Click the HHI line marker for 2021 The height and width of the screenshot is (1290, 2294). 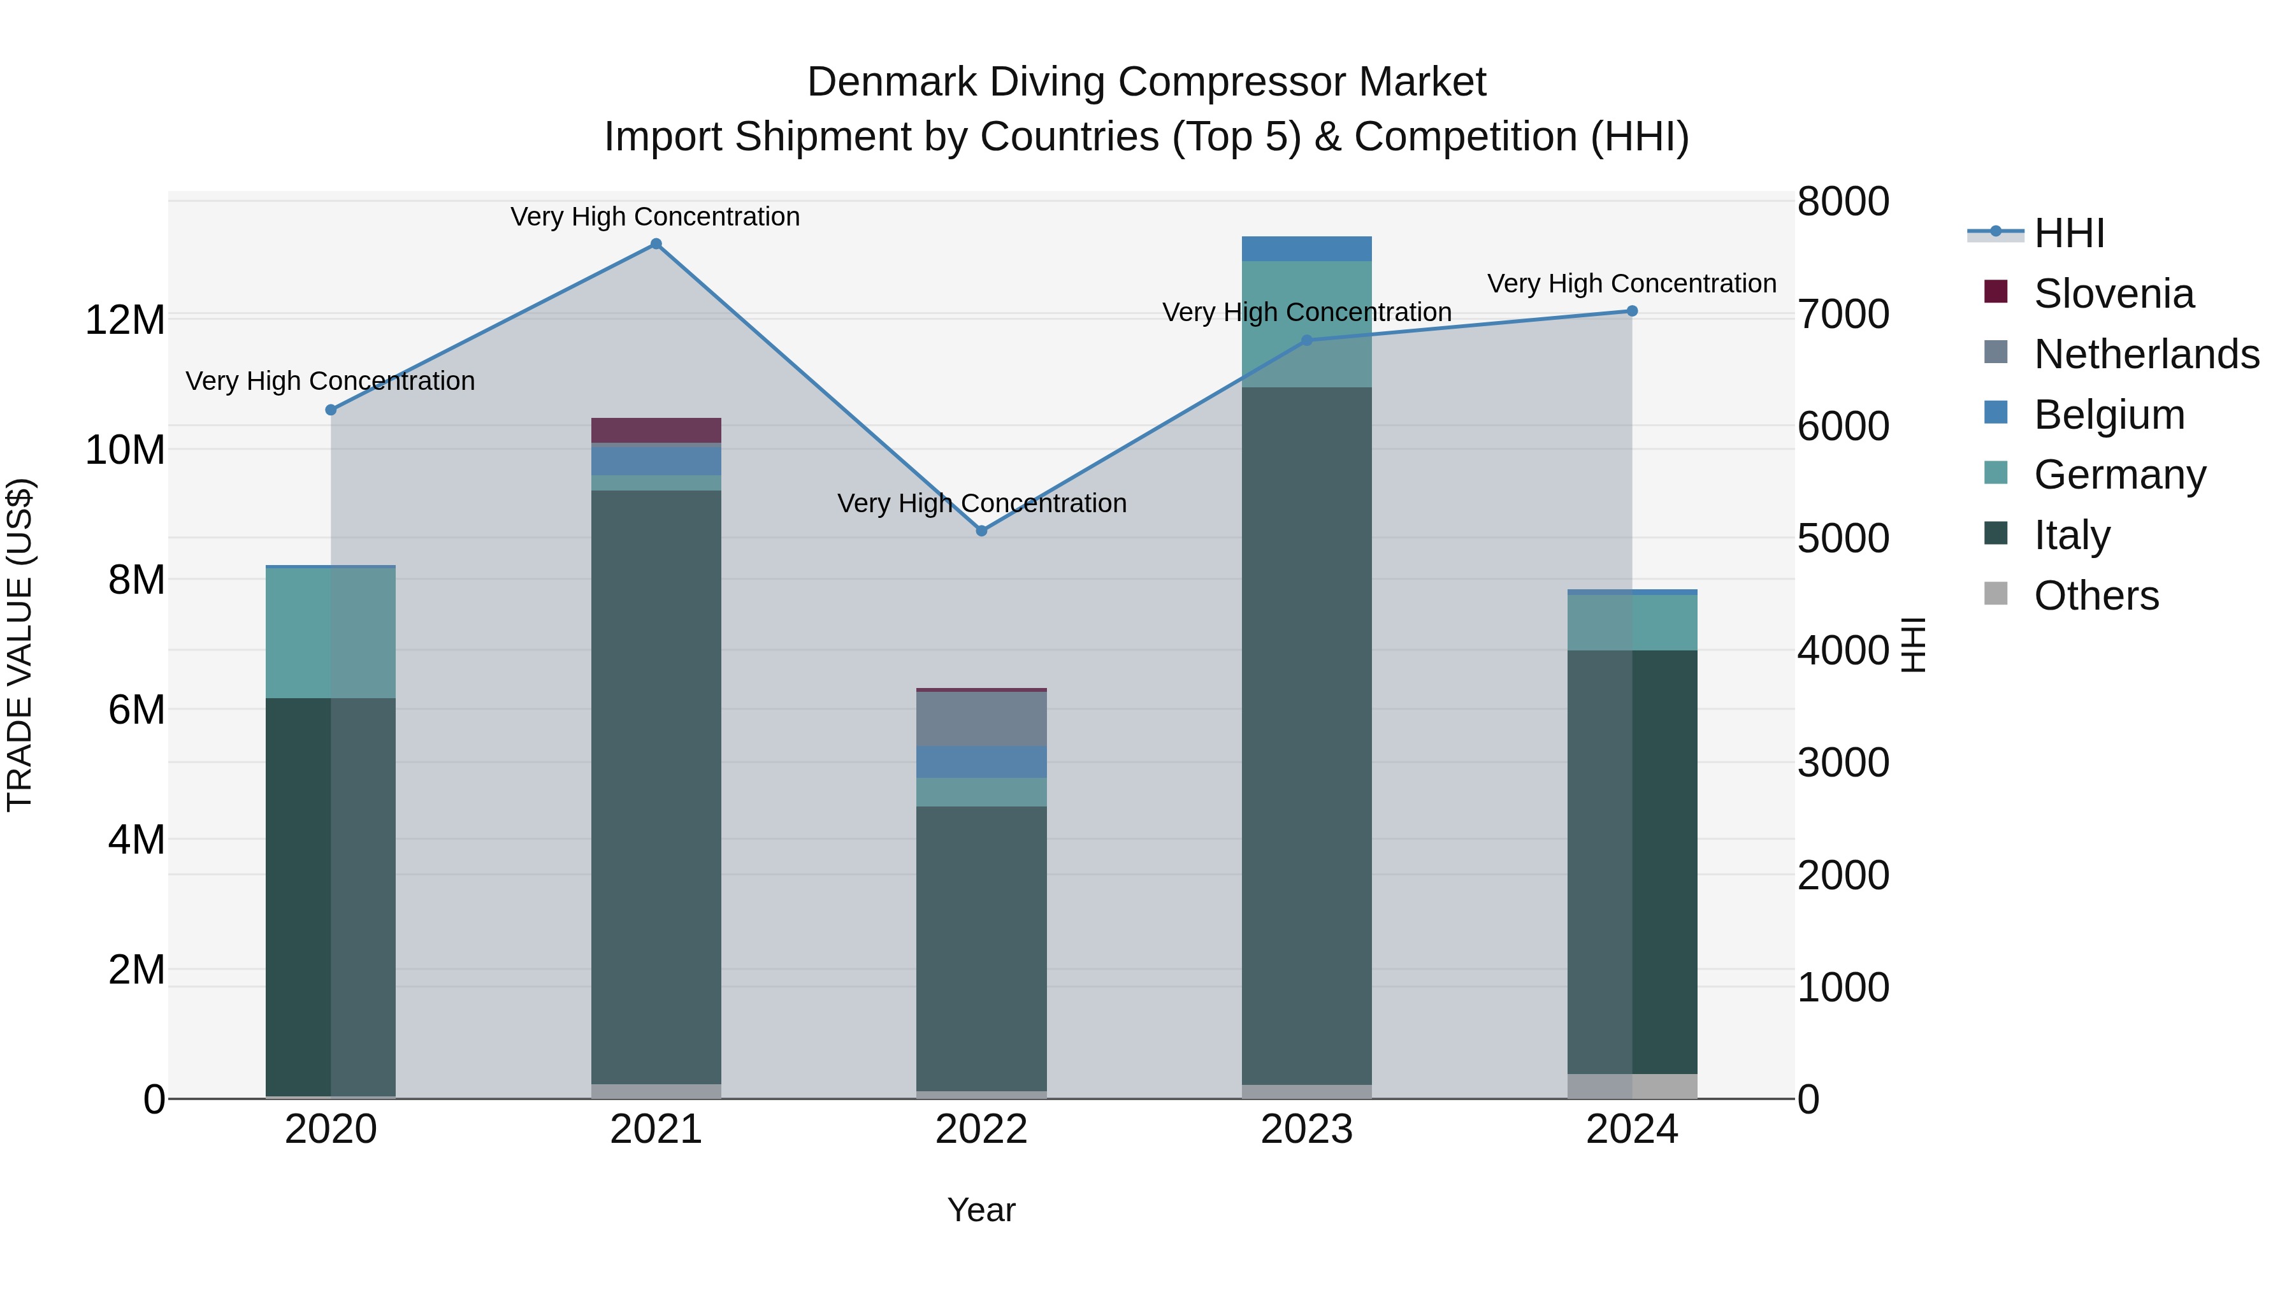pos(656,244)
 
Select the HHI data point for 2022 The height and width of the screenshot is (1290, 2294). pos(981,531)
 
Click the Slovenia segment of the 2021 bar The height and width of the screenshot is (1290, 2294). pos(656,430)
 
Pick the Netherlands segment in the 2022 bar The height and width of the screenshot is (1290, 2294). pos(981,719)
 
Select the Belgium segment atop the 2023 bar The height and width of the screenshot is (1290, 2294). pos(1306,248)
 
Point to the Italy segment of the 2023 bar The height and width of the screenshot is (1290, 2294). pos(1306,735)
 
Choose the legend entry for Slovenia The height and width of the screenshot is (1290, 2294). pos(2113,294)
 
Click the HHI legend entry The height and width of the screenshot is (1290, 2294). pos(2068,233)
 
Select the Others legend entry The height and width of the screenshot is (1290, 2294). pos(2095,596)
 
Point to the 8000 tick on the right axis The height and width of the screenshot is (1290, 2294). pos(1842,201)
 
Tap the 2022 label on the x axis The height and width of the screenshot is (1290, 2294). pos(981,1129)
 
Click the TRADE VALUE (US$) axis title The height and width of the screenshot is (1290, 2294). pos(20,645)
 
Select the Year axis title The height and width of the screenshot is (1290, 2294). pos(981,1210)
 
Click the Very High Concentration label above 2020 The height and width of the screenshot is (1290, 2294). pos(330,381)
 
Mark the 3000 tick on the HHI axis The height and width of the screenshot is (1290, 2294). pos(1842,763)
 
